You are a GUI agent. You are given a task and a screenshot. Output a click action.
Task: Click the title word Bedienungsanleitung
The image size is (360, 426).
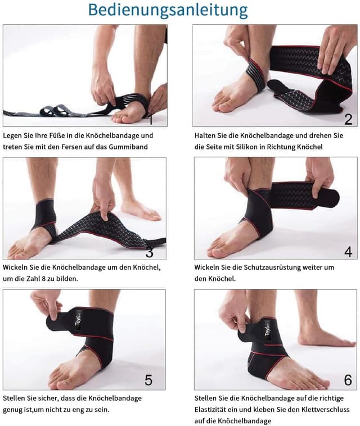pyautogui.click(x=168, y=10)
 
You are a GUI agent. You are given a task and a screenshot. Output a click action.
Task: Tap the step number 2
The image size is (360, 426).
pyautogui.click(x=348, y=119)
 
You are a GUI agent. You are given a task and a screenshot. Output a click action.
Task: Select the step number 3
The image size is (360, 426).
pyautogui.click(x=150, y=252)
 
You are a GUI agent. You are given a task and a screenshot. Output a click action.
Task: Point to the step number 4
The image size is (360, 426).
pyautogui.click(x=348, y=252)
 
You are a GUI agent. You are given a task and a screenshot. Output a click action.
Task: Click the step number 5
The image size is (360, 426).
pyautogui.click(x=148, y=380)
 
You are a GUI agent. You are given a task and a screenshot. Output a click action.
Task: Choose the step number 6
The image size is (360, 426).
pyautogui.click(x=348, y=380)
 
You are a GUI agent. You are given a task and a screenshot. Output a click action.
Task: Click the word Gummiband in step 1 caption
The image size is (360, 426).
pyautogui.click(x=128, y=147)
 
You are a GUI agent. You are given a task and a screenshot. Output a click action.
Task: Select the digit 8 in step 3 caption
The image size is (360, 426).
pyautogui.click(x=43, y=279)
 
